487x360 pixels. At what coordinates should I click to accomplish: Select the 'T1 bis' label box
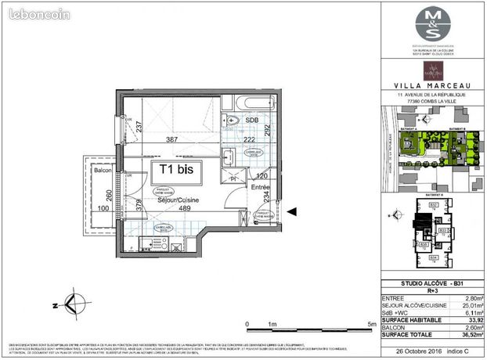[176, 167]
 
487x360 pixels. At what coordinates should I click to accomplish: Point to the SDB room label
[253, 120]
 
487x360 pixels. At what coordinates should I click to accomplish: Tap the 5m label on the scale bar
[370, 323]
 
